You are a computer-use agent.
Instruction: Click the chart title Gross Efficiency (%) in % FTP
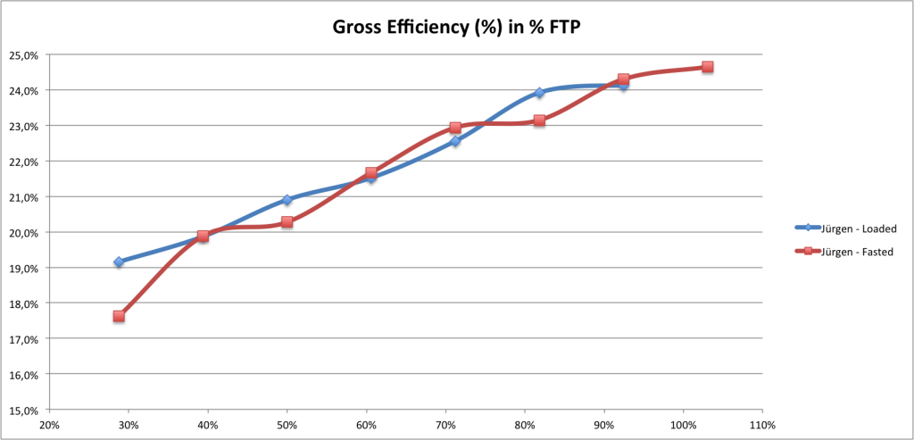coord(456,27)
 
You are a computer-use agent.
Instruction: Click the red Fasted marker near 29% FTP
coord(119,316)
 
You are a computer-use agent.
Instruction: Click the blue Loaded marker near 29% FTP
coord(119,262)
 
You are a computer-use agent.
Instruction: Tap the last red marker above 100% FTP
coord(707,67)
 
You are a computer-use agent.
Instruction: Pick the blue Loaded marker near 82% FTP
coord(539,93)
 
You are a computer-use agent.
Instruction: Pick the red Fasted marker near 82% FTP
coord(539,120)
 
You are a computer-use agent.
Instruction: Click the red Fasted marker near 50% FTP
coord(287,222)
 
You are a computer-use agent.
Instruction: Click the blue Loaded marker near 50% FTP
coord(287,200)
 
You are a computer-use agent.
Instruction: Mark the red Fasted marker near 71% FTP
coord(455,128)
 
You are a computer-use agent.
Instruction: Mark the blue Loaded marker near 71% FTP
coord(455,141)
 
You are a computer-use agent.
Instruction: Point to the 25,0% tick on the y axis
coord(23,55)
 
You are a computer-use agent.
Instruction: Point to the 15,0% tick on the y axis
coord(23,411)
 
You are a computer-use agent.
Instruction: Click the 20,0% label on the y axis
coord(23,233)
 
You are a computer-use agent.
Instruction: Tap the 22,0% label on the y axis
coord(23,162)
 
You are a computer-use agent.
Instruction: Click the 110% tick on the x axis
coord(762,425)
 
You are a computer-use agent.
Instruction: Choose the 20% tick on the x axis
coord(49,425)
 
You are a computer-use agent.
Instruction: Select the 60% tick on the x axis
coord(366,425)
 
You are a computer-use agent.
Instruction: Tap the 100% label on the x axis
coord(683,425)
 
